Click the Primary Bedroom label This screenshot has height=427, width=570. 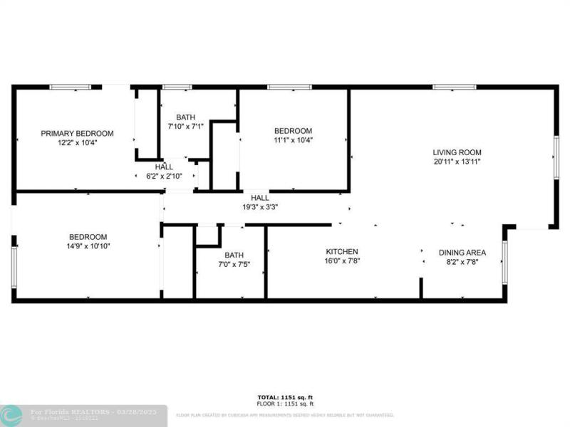(77, 133)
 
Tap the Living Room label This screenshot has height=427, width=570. (457, 152)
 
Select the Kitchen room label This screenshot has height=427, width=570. (342, 252)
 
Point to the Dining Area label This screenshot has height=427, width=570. (462, 252)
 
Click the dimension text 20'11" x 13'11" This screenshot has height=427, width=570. (457, 161)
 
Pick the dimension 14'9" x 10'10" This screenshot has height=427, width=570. (88, 246)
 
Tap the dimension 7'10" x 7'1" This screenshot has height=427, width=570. (186, 126)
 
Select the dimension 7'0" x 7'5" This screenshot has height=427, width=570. (234, 264)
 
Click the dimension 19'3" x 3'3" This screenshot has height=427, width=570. (259, 207)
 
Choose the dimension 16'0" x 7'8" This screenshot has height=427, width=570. (342, 261)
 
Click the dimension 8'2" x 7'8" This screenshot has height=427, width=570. (462, 261)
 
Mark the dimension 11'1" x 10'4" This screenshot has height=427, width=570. (294, 140)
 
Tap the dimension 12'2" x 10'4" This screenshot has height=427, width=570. (77, 142)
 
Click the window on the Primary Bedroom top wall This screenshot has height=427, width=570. (71, 87)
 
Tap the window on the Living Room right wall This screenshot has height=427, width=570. (556, 157)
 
